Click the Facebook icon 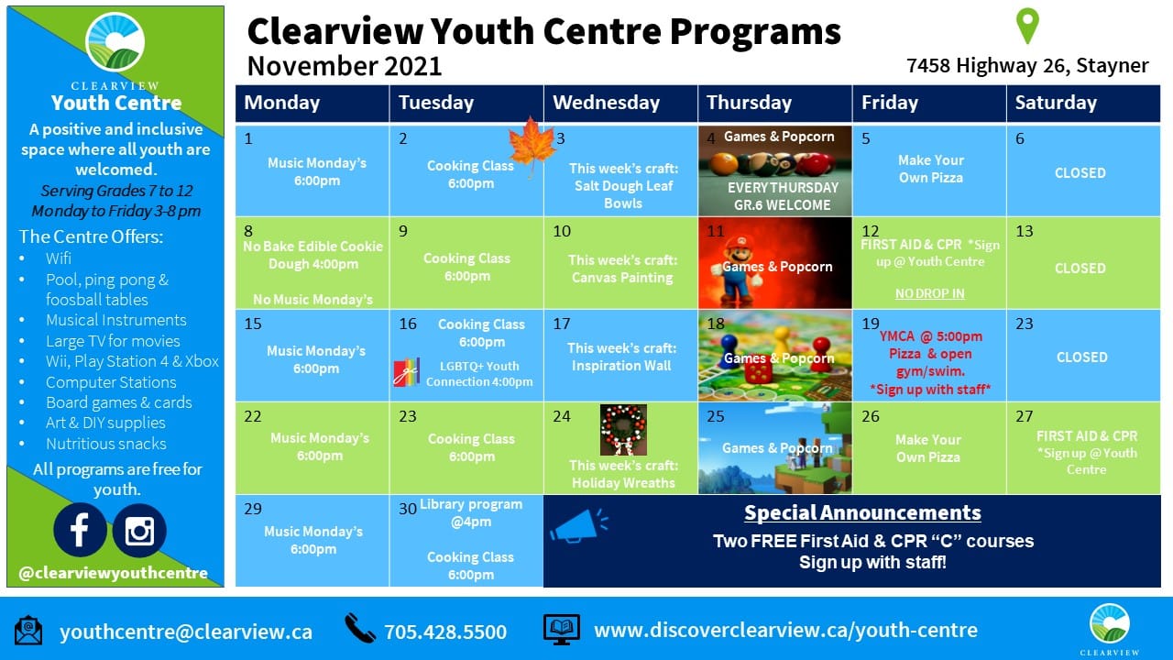[80, 530]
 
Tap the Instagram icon [139, 530]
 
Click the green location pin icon [1027, 25]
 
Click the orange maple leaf [532, 144]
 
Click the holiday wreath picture [623, 430]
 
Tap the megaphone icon [578, 526]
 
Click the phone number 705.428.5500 [445, 632]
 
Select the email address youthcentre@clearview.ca [186, 632]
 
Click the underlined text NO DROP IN [929, 293]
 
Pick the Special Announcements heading [862, 512]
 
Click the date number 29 [253, 509]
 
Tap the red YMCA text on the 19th [896, 336]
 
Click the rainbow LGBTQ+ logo [407, 372]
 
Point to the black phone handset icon [360, 628]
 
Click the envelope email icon [28, 631]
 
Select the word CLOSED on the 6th [1080, 173]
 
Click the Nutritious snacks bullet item [105, 444]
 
